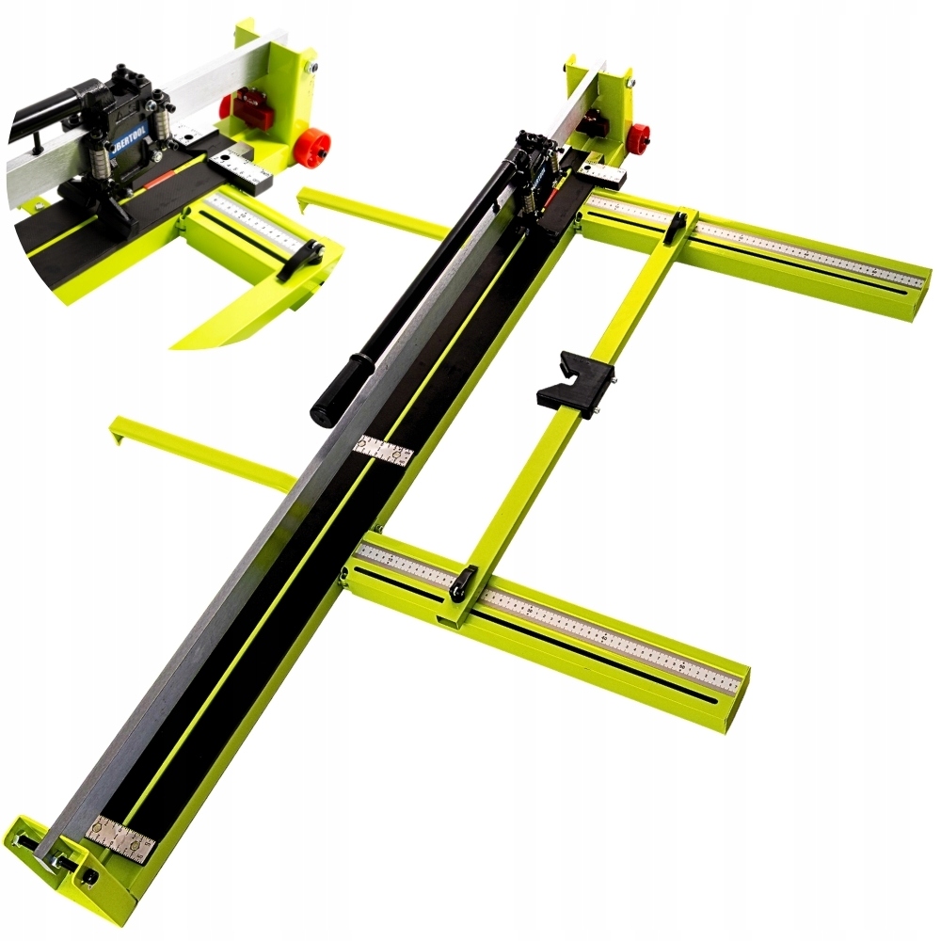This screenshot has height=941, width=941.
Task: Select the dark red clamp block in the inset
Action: tap(252, 108)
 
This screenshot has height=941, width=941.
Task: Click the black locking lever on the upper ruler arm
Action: tap(675, 226)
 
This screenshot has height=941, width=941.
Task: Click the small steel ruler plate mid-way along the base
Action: tap(383, 450)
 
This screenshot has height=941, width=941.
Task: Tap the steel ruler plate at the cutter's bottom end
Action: tap(120, 839)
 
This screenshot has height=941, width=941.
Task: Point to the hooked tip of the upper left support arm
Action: tap(303, 197)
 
